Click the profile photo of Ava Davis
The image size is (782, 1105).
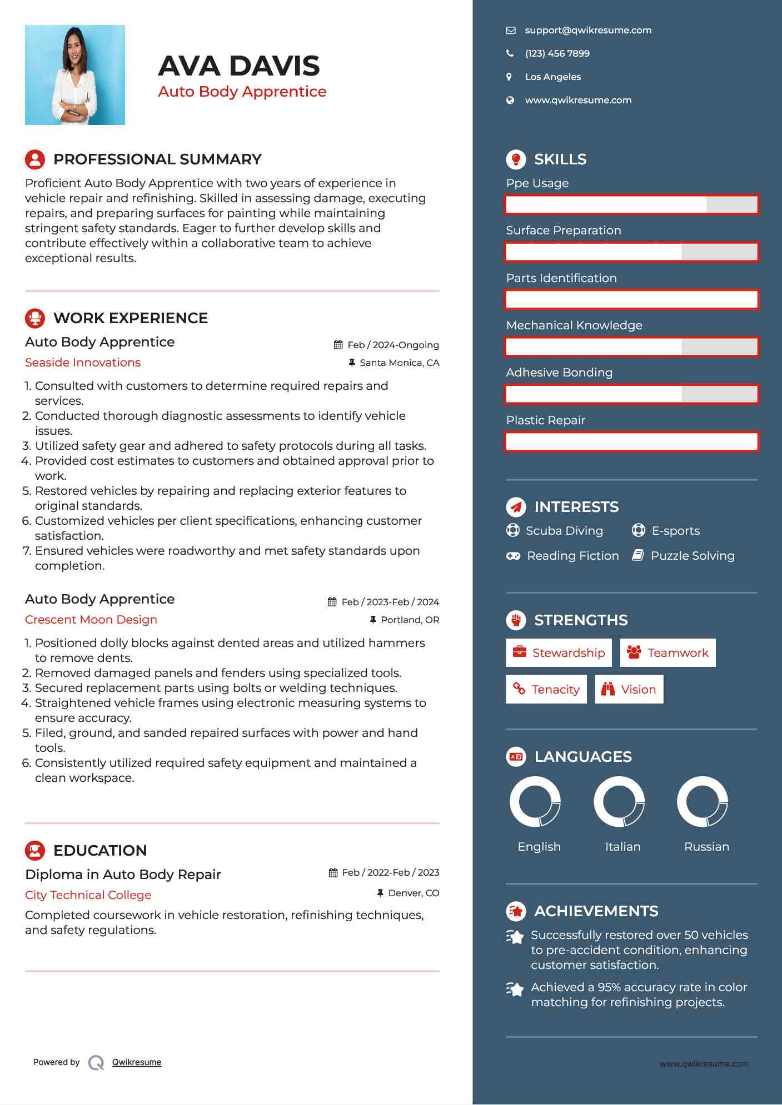click(75, 75)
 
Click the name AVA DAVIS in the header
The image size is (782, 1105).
click(239, 66)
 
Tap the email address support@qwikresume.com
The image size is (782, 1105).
click(588, 31)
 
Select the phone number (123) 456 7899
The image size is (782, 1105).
click(557, 54)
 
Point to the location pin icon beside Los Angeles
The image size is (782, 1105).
click(509, 77)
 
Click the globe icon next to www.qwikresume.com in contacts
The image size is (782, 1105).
click(510, 101)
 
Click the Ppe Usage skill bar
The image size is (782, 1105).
click(631, 205)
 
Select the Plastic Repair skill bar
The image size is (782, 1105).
click(631, 442)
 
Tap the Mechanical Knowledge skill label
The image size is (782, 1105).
click(574, 325)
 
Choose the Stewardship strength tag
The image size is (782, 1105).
click(559, 653)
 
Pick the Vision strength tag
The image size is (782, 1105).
click(629, 690)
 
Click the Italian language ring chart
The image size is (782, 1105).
click(619, 802)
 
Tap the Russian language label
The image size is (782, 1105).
click(706, 847)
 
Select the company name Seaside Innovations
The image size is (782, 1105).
click(83, 363)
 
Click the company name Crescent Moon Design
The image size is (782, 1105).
click(91, 620)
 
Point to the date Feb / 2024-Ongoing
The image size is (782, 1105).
click(392, 345)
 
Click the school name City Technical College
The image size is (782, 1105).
click(88, 895)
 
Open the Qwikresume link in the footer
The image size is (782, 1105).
click(137, 1062)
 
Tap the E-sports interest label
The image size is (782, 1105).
click(675, 531)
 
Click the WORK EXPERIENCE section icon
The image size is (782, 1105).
click(35, 318)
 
